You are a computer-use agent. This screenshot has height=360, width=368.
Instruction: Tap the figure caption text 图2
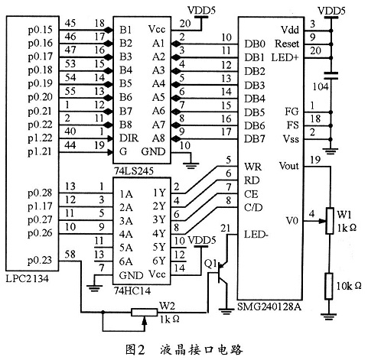coord(135,348)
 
